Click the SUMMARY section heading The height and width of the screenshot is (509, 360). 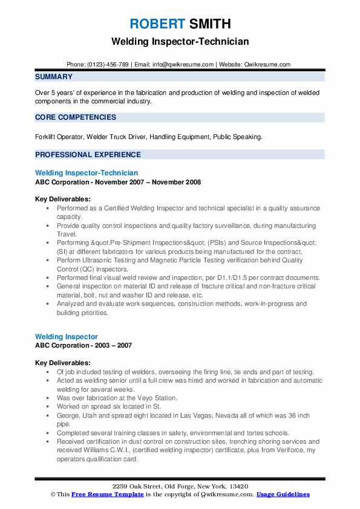(54, 77)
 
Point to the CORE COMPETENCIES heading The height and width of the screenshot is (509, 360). (76, 117)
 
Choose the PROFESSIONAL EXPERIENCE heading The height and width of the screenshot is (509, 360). (88, 154)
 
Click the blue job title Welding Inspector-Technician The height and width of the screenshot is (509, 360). (87, 173)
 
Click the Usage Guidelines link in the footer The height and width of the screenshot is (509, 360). (283, 494)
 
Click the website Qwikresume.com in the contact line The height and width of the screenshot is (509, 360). (268, 64)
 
